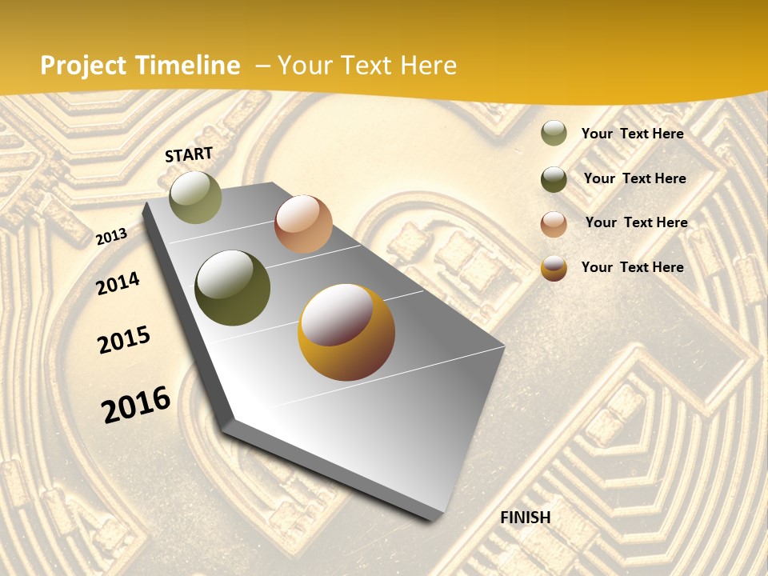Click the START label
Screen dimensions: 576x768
pos(189,154)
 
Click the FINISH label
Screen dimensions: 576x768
pos(526,518)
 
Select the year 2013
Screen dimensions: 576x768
pos(112,236)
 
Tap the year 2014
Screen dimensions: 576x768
pos(118,283)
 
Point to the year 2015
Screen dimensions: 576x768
pos(124,340)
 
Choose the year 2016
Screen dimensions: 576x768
pos(136,404)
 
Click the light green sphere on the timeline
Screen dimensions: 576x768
pos(195,197)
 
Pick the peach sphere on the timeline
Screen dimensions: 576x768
pos(303,224)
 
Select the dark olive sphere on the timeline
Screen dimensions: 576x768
pos(232,288)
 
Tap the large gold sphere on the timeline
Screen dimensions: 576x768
pos(346,332)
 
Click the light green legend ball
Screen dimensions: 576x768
pos(554,133)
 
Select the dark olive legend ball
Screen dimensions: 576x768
pos(554,179)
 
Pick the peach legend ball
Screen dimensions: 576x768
pos(554,224)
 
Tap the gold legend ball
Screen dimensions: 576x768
pos(554,268)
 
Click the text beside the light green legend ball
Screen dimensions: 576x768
pos(632,134)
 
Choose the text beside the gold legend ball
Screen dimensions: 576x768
pos(632,267)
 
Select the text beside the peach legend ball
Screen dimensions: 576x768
pos(636,222)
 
